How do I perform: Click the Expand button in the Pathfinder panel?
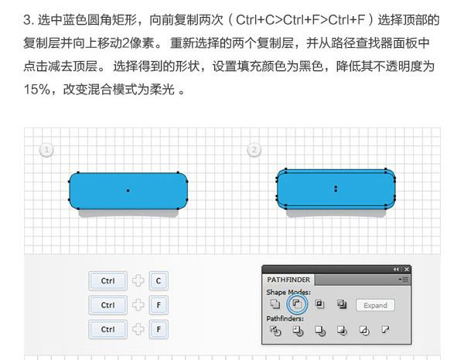tap(375, 305)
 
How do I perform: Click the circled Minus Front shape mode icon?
tap(297, 304)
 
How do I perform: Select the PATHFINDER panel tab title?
tap(288, 280)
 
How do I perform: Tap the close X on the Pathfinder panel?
tap(407, 270)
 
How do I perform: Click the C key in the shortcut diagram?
tap(159, 280)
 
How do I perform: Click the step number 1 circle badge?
tap(46, 150)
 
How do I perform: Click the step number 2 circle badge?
tap(254, 150)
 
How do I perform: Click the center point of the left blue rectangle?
tap(128, 191)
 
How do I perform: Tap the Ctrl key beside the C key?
tap(107, 280)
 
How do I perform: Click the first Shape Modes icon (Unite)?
tap(275, 304)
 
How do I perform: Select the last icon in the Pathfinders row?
tap(385, 330)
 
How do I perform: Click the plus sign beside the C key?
tap(138, 280)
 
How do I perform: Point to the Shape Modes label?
tap(288, 292)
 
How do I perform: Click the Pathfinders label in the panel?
tap(285, 318)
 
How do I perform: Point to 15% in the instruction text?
tap(37, 90)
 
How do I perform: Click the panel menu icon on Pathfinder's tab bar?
tap(404, 280)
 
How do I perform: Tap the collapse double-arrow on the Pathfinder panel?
tap(397, 270)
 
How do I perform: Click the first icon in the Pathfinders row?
tap(275, 331)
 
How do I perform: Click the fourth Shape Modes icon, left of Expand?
tap(342, 304)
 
